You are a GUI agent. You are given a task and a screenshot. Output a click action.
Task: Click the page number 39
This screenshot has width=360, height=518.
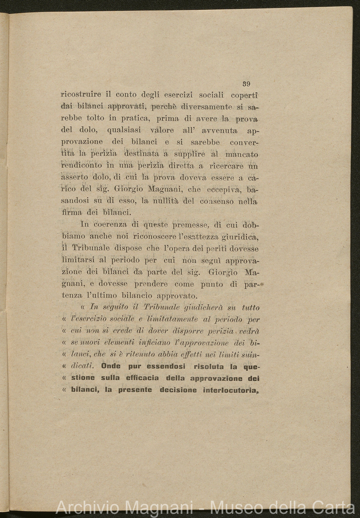click(x=246, y=84)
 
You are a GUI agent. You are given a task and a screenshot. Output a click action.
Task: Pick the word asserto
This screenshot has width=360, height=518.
click(x=75, y=178)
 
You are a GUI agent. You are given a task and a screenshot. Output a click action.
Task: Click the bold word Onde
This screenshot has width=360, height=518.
click(x=111, y=366)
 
